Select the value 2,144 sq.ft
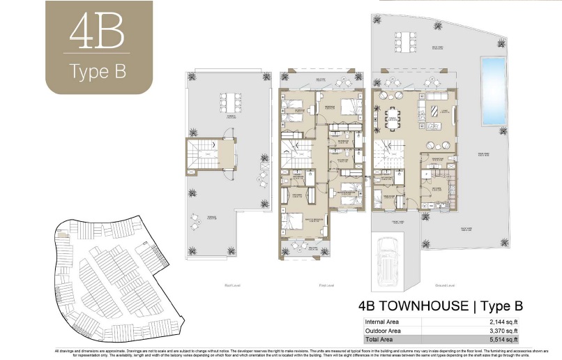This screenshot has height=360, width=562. point(501,322)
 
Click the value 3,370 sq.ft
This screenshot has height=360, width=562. point(501,330)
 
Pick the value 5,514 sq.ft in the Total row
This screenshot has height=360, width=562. point(501,339)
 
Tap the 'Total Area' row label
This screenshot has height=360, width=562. point(380,339)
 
